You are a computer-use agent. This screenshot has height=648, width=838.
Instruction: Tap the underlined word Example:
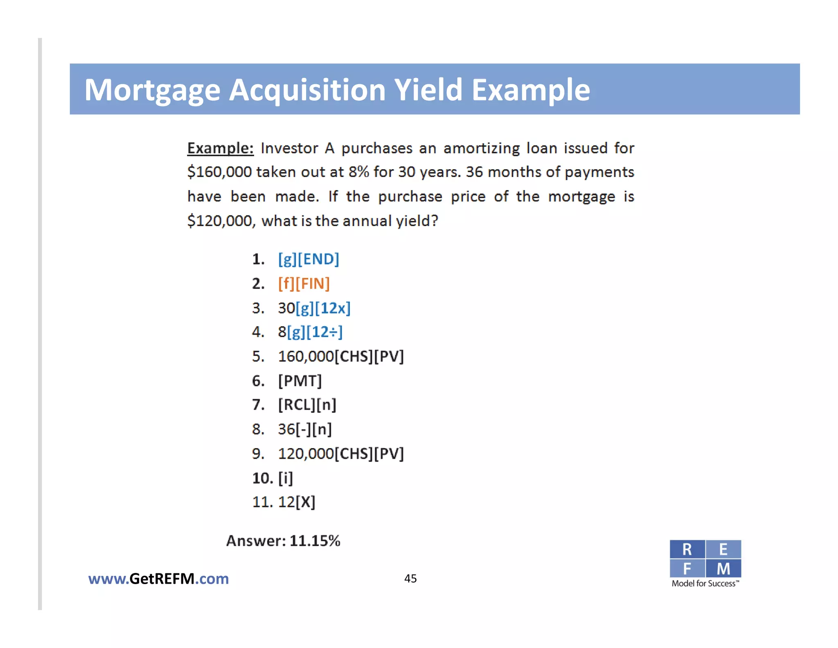pyautogui.click(x=220, y=148)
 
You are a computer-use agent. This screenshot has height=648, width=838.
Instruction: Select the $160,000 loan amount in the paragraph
pyautogui.click(x=219, y=172)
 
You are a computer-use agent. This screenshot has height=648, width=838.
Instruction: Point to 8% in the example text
pyautogui.click(x=359, y=172)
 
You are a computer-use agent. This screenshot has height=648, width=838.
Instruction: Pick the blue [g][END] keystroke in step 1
pyautogui.click(x=309, y=259)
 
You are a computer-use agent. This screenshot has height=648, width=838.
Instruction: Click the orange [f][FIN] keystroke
pyautogui.click(x=304, y=283)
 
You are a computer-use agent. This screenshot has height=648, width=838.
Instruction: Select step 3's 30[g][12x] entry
pyautogui.click(x=314, y=308)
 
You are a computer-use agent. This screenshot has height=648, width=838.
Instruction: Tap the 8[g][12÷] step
pyautogui.click(x=310, y=332)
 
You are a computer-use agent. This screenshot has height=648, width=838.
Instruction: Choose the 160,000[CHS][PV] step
pyautogui.click(x=340, y=356)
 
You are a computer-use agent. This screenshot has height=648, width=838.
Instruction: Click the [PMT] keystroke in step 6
pyautogui.click(x=300, y=381)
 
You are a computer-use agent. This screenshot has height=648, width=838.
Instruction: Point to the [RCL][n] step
pyautogui.click(x=307, y=405)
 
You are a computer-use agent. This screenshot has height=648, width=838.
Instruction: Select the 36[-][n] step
pyautogui.click(x=305, y=429)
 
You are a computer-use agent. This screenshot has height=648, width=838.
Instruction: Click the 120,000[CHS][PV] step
pyautogui.click(x=340, y=454)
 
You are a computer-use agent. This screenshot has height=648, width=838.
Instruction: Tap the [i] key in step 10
pyautogui.click(x=286, y=478)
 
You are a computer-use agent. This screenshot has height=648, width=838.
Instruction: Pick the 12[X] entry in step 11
pyautogui.click(x=297, y=502)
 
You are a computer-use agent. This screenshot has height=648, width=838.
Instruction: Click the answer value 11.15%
pyautogui.click(x=315, y=541)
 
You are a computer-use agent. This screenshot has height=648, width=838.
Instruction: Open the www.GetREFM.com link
pyautogui.click(x=158, y=579)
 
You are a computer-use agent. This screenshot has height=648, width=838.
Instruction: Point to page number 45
pyautogui.click(x=410, y=578)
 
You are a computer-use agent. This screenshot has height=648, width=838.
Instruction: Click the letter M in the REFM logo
pyautogui.click(x=723, y=569)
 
